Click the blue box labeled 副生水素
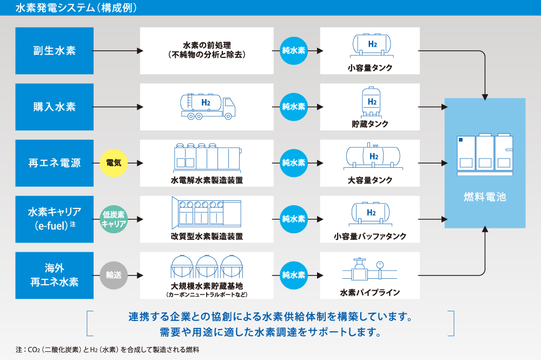pos(54,51)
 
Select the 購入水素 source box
pos(54,107)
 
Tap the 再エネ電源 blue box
pos(54,162)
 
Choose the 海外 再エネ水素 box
pos(54,275)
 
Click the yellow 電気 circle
pos(114,162)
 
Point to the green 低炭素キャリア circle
pos(114,219)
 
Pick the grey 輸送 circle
pos(114,275)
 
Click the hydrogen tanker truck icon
pos(207,105)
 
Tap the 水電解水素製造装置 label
pos(207,180)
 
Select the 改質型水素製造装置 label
pos(207,237)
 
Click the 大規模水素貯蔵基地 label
pos(207,286)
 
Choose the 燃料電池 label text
pos(485,197)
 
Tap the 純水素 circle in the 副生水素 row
pos(294,51)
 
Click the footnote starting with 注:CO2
pos(108,350)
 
